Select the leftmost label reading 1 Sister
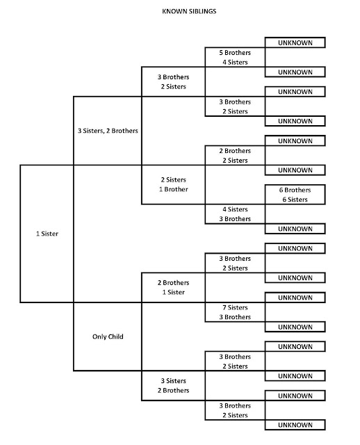click(x=46, y=234)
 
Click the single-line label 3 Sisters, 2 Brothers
click(x=107, y=130)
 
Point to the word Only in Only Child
click(x=99, y=337)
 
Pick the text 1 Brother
click(x=173, y=189)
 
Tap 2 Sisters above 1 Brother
click(x=173, y=179)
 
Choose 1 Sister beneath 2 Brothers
click(x=173, y=293)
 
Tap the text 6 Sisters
click(x=295, y=200)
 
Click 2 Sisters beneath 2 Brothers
click(x=235, y=160)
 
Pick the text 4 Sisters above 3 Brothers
click(x=235, y=209)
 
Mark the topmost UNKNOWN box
click(x=295, y=42)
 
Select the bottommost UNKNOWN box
click(x=295, y=425)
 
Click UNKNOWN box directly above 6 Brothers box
click(x=295, y=170)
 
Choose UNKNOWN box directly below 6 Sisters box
click(x=295, y=229)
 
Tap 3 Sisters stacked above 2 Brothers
click(x=173, y=381)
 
